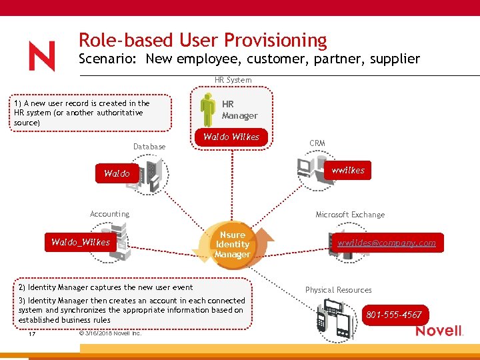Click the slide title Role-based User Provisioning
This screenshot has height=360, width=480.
pos(203,41)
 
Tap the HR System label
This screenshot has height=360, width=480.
pos(233,80)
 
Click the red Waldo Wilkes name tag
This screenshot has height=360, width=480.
pos(231,137)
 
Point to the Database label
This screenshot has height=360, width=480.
pos(149,147)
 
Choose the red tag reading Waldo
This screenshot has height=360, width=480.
pos(117,173)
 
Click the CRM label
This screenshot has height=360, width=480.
pos(317,143)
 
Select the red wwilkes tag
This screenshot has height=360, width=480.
pos(348,171)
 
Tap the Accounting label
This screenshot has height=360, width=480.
pos(109,214)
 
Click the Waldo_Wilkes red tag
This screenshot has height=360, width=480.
pos(81,242)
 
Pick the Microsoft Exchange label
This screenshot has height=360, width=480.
pos(349,215)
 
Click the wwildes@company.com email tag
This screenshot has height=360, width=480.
pos(386,243)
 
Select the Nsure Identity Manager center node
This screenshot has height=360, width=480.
pos(232,245)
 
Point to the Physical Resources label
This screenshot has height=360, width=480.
pos(338,290)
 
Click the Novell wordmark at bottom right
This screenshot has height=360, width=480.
pos(439,331)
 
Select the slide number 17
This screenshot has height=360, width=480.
pos(31,334)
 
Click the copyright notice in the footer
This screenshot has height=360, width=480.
pos(109,333)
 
